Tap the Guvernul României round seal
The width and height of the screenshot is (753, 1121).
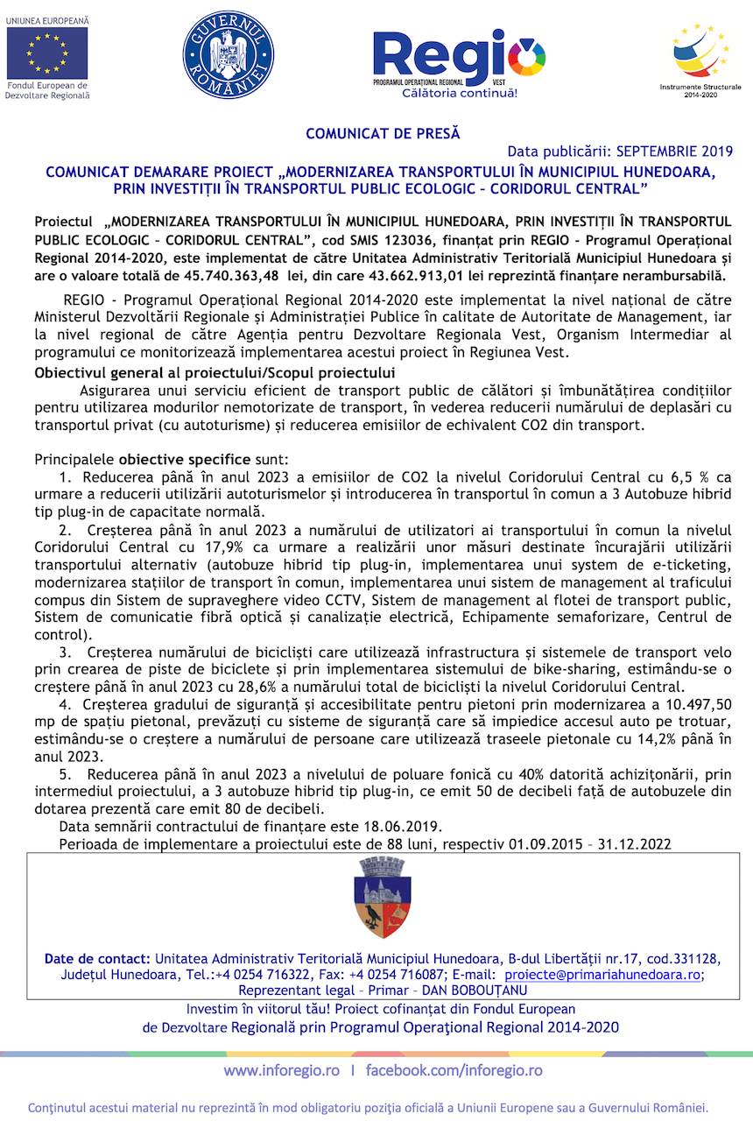[228, 54]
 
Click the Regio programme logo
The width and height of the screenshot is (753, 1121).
[459, 60]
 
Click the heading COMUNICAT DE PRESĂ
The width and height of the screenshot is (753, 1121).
[383, 134]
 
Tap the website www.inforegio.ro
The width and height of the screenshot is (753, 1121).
[282, 1070]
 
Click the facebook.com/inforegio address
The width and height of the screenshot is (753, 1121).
[454, 1070]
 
